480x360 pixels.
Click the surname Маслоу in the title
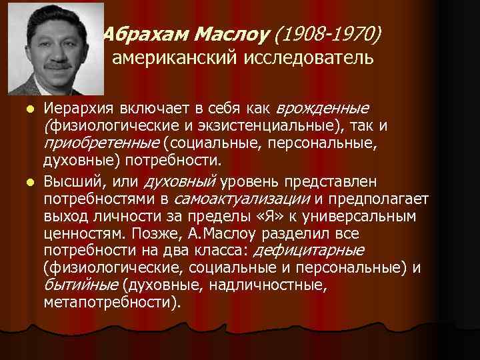tap(209, 33)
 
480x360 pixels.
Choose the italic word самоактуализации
tap(241, 198)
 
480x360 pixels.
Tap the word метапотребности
tap(109, 302)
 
